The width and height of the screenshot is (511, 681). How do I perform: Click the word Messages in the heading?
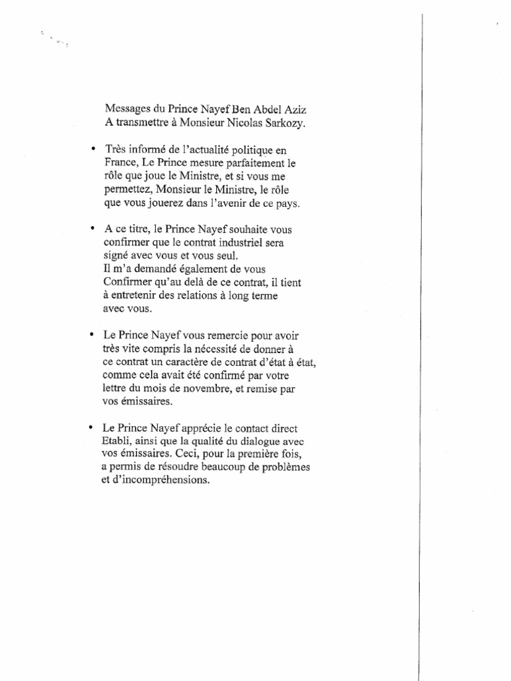point(127,108)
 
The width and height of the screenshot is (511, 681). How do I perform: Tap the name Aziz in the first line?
point(296,108)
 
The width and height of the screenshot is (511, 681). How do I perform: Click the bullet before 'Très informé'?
point(92,148)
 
